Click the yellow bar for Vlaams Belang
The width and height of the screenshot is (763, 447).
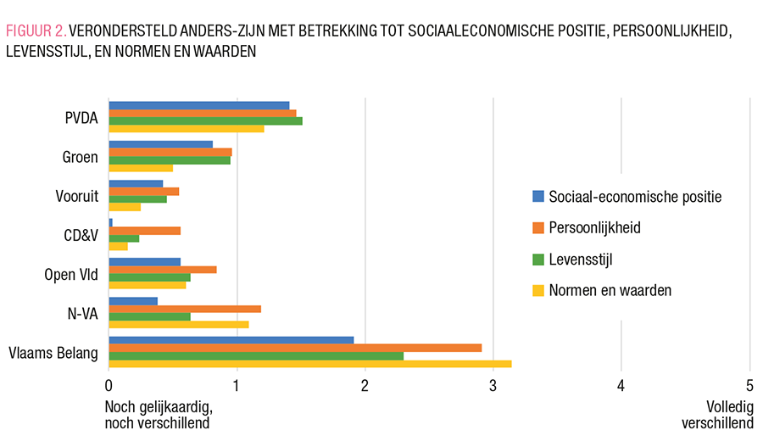tap(309, 364)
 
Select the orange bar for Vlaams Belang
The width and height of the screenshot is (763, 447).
tap(294, 348)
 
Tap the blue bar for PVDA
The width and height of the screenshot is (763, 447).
tap(198, 105)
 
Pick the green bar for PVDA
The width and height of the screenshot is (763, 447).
tap(205, 120)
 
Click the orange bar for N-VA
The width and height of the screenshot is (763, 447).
tap(184, 309)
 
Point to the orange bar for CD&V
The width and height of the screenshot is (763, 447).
tap(144, 231)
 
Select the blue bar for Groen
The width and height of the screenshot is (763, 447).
tap(160, 144)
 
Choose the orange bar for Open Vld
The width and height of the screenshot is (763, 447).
tap(162, 270)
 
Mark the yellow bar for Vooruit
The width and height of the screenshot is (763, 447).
tap(125, 207)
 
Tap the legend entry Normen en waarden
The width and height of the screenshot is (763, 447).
tap(610, 290)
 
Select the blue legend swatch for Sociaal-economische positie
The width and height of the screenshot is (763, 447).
tap(537, 197)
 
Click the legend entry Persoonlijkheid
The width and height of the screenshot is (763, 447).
tap(593, 228)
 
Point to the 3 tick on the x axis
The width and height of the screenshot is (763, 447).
tap(493, 385)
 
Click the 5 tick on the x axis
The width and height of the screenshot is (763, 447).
tap(749, 385)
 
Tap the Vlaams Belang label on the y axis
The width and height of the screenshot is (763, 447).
tap(53, 353)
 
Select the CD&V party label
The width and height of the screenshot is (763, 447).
tap(81, 236)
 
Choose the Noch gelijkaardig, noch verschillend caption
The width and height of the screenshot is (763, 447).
tap(157, 414)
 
